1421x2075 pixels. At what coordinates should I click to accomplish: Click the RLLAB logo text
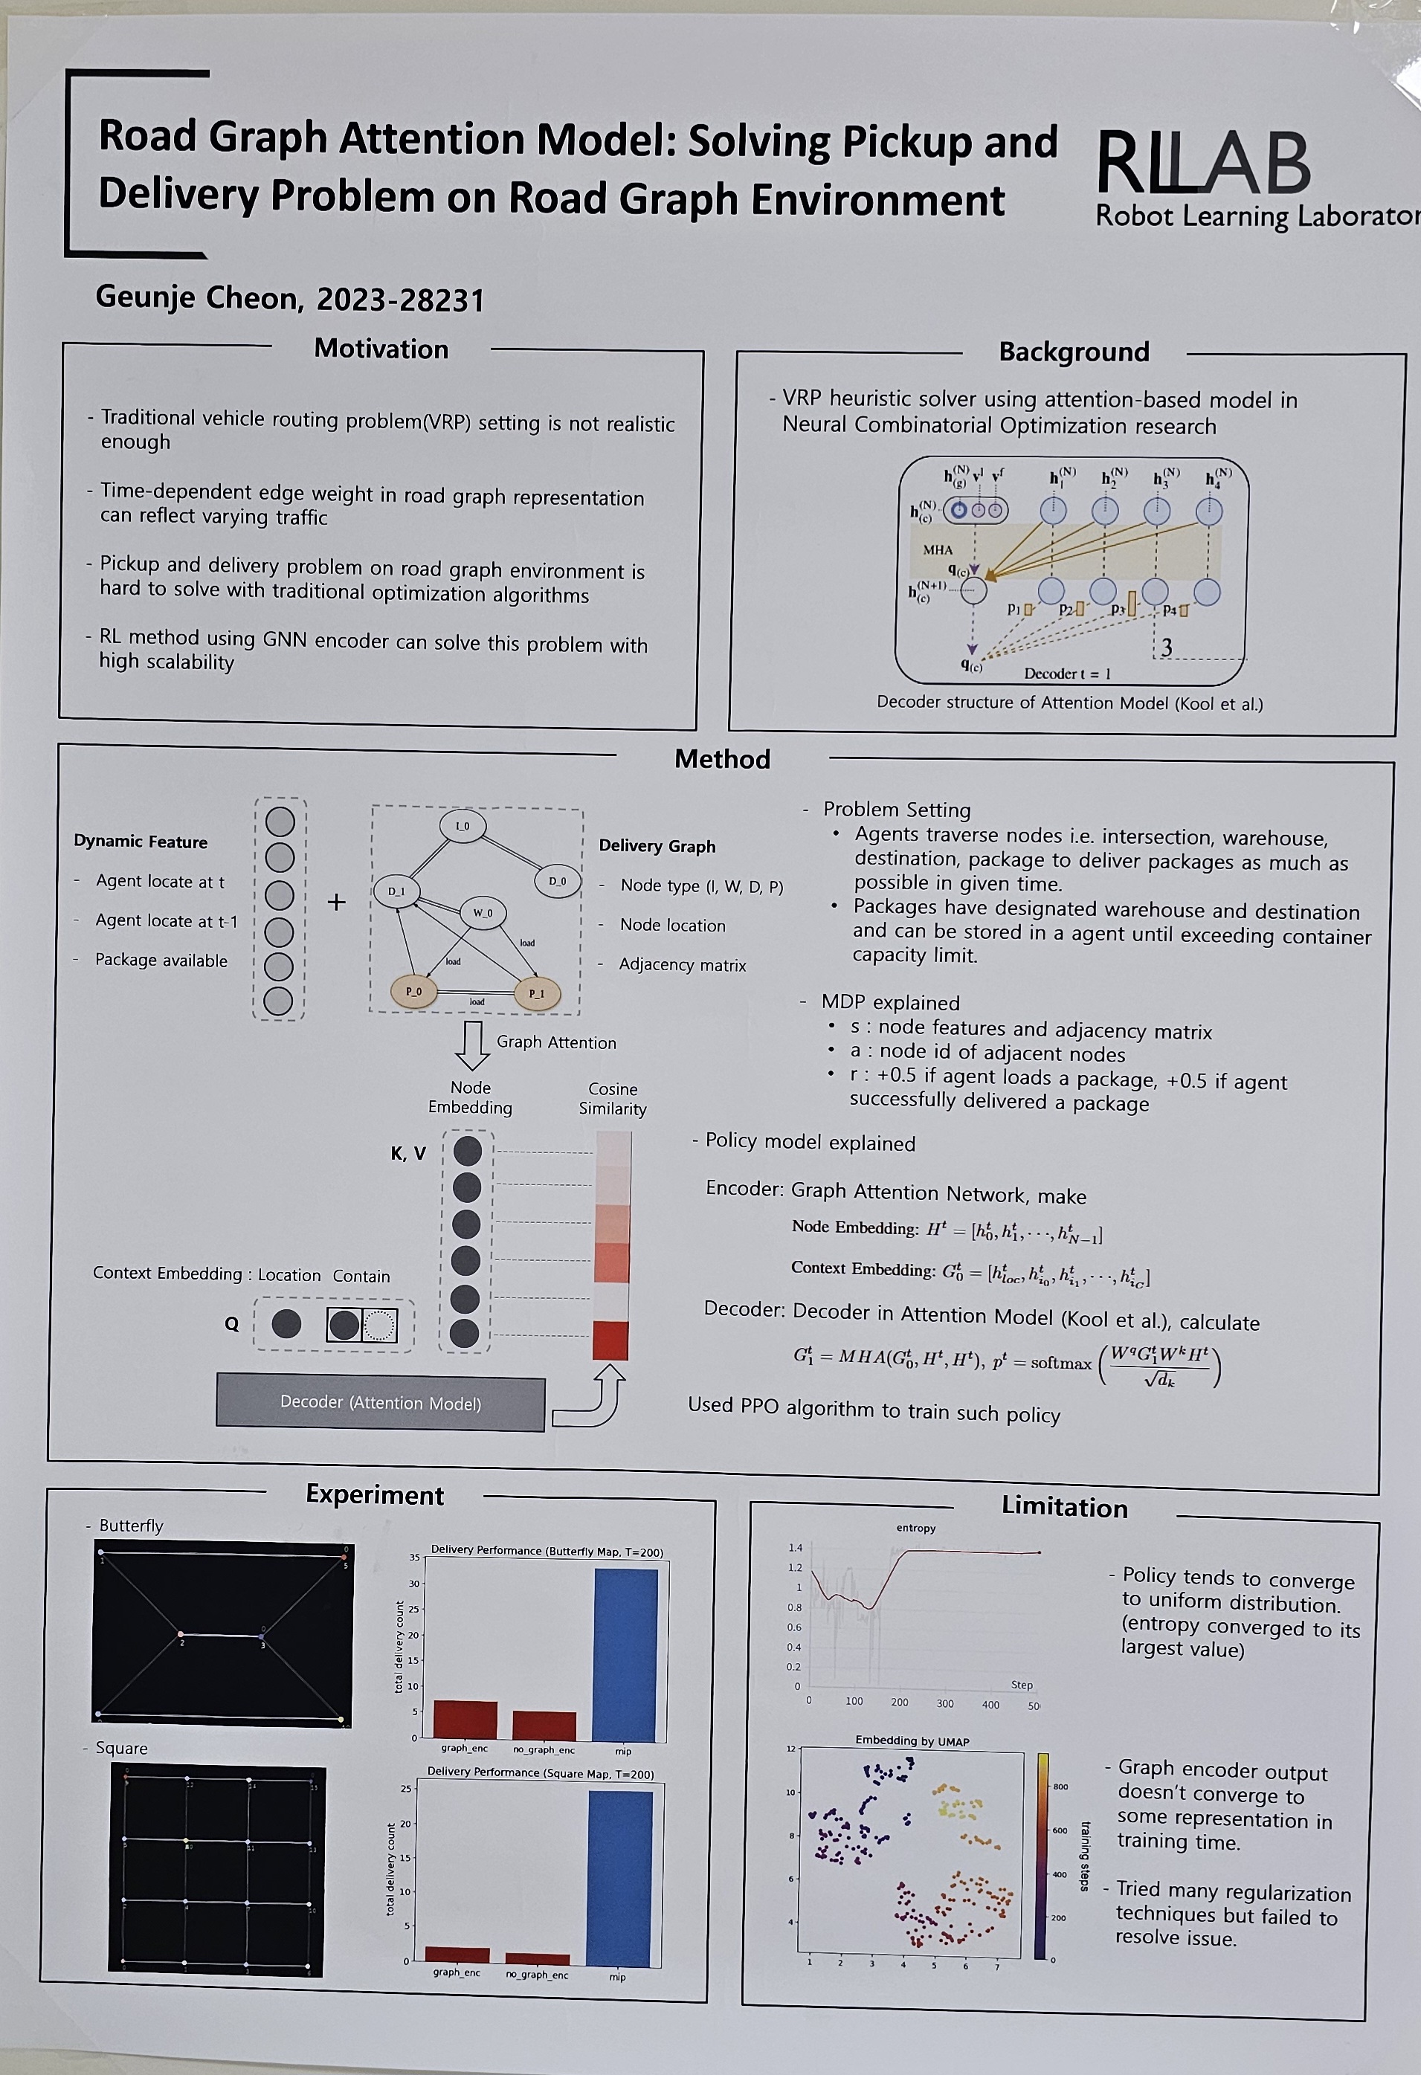point(1202,164)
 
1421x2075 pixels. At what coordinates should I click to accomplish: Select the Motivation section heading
point(381,349)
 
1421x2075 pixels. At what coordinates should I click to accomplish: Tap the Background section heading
point(1074,352)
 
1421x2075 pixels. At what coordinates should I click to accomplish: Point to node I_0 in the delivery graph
point(463,826)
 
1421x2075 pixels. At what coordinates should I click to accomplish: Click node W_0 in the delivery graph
point(483,912)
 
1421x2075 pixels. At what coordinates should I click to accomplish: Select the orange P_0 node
point(413,991)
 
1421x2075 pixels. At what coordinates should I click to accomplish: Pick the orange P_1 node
point(536,993)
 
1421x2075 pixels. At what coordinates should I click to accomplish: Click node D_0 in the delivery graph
point(558,881)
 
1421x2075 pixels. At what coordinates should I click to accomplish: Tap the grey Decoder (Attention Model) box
point(381,1403)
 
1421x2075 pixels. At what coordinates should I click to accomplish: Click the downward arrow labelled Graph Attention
point(472,1045)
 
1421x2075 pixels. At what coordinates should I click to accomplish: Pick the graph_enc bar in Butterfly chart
point(465,1719)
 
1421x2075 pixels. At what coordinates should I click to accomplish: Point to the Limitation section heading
point(1064,1507)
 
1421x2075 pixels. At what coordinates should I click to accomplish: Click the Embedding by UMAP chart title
point(912,1741)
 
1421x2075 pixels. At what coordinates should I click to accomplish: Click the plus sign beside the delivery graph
point(336,902)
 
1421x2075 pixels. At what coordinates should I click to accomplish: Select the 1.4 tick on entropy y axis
point(795,1547)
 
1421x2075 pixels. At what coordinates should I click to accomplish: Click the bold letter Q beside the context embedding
point(231,1324)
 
